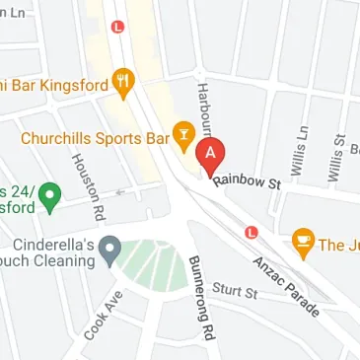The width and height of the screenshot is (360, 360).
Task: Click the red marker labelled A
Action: [x=211, y=156]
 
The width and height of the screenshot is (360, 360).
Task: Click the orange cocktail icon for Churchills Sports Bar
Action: [x=182, y=131]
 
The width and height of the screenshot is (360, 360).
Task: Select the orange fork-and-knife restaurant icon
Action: [x=123, y=84]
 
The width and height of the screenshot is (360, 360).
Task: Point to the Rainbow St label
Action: [x=246, y=180]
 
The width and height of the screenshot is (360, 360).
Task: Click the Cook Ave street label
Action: [x=103, y=316]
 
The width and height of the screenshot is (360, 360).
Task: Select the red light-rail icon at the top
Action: [x=118, y=28]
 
